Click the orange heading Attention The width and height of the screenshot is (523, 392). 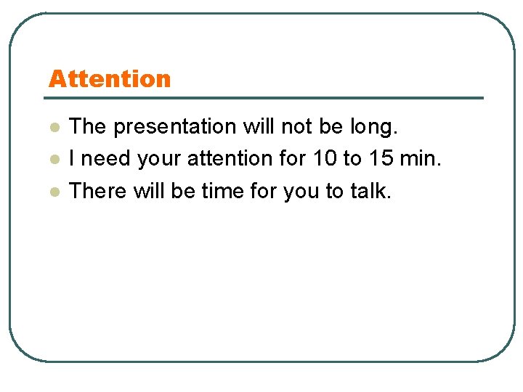(110, 78)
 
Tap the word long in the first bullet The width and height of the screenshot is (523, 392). (373, 127)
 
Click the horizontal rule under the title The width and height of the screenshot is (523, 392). (266, 98)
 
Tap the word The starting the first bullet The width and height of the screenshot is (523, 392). (87, 127)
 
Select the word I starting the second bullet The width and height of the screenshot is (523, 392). (73, 159)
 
